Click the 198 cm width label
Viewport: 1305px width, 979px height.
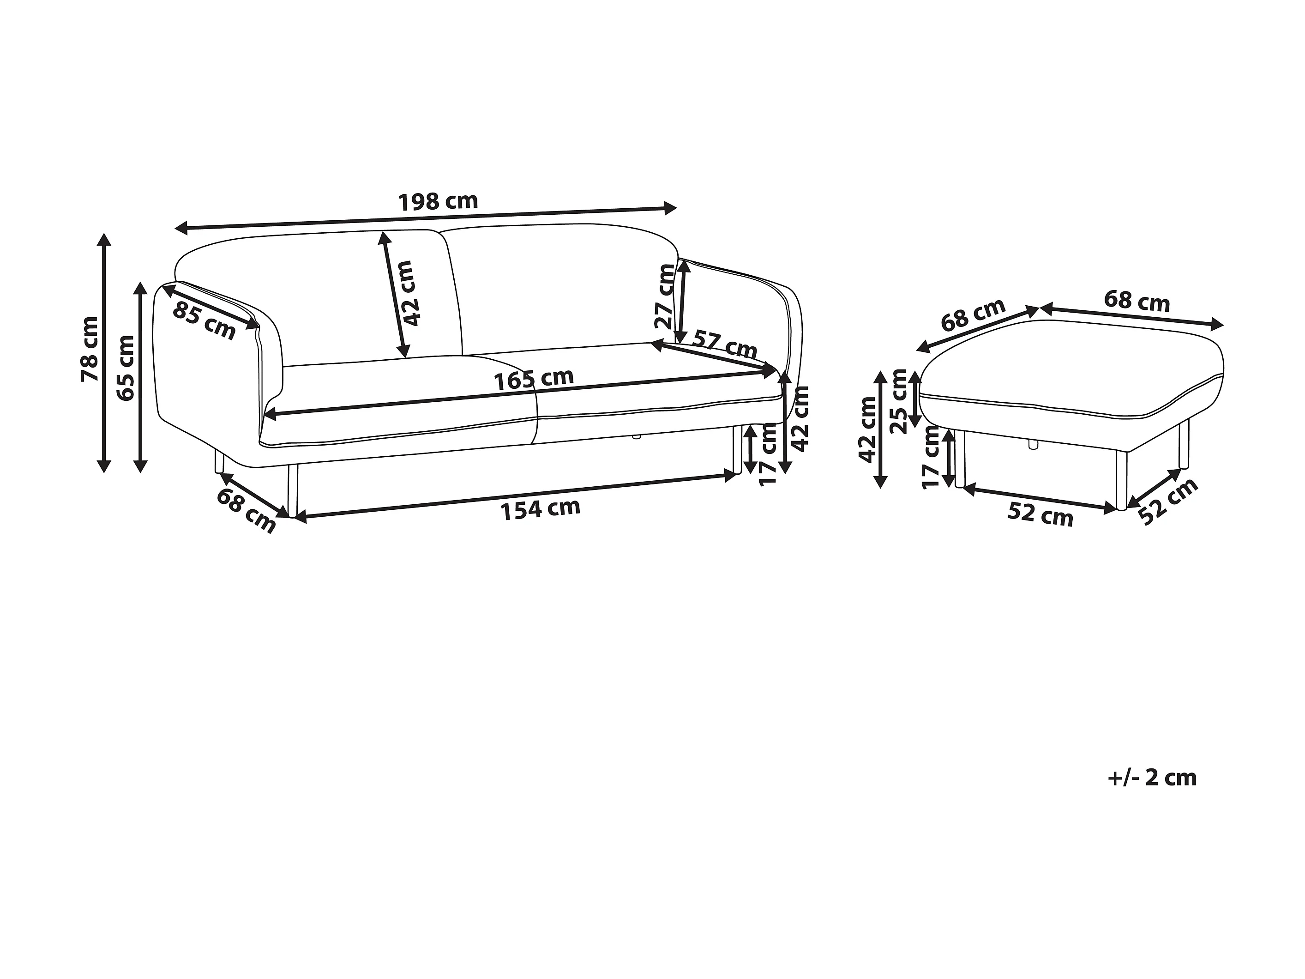438,202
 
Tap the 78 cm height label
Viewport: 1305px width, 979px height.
90,350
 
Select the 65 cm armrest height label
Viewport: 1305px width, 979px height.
126,368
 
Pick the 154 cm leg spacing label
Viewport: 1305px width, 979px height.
541,509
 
